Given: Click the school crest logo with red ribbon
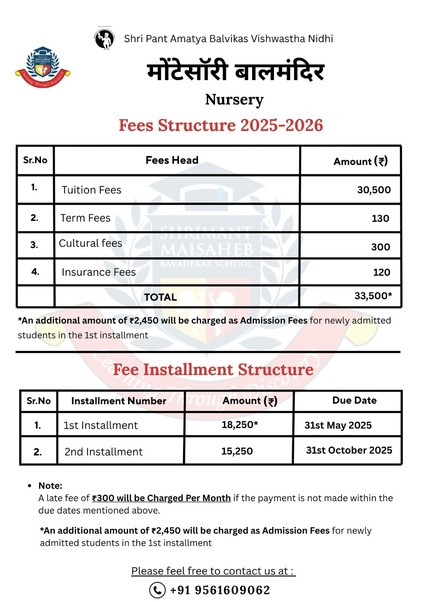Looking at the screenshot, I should click(x=43, y=67).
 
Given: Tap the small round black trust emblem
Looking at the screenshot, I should click(x=104, y=39).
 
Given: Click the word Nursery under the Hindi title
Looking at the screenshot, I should click(x=234, y=100).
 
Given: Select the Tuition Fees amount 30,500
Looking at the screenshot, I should click(x=374, y=190).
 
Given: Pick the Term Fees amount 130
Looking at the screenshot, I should click(x=380, y=219).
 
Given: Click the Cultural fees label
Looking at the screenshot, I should click(x=91, y=243).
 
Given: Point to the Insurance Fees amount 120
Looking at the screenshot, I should click(x=381, y=272).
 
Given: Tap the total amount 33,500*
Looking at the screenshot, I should click(x=373, y=296).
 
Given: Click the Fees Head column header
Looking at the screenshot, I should click(x=172, y=160).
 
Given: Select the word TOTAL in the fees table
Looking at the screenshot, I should click(x=160, y=297).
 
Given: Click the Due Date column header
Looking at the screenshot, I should click(x=354, y=400).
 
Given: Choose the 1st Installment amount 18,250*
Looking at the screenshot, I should click(x=239, y=425).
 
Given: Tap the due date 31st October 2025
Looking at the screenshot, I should click(x=349, y=450).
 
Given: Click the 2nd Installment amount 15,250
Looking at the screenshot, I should click(x=237, y=451).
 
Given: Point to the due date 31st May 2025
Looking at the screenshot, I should click(x=337, y=425).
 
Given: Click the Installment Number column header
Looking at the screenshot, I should click(x=118, y=401).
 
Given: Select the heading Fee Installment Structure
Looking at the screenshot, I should click(x=213, y=369).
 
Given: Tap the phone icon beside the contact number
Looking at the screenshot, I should click(x=157, y=590).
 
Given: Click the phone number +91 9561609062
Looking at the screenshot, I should click(x=220, y=590).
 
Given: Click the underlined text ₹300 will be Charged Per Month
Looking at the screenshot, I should click(x=161, y=498).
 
